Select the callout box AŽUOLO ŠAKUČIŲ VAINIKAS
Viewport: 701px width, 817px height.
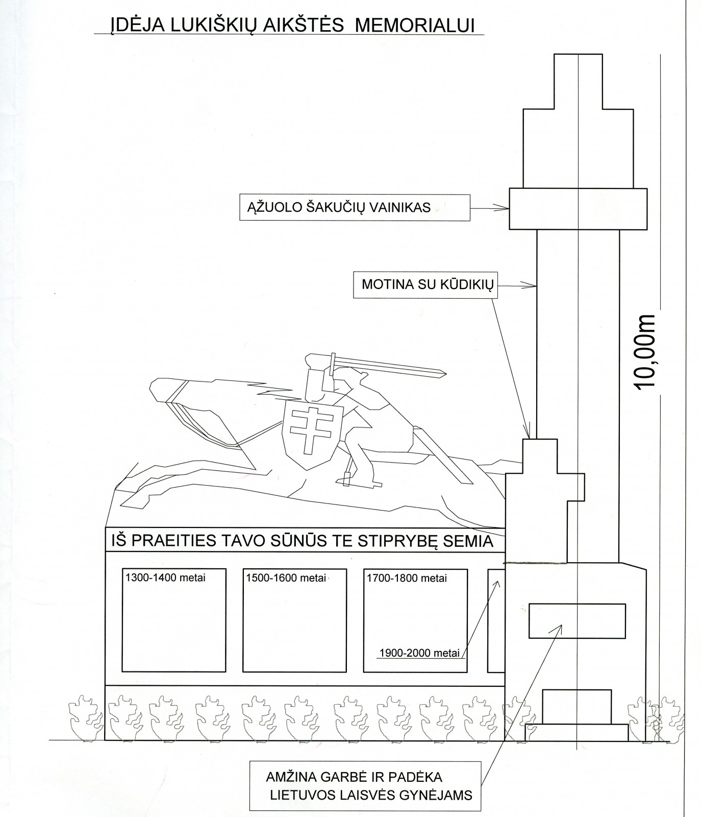(355, 207)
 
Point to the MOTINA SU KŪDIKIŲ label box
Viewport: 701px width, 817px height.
(424, 284)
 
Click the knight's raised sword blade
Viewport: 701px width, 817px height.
(388, 370)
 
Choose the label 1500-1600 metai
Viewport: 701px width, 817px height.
(286, 578)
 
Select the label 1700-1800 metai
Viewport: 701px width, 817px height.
(407, 578)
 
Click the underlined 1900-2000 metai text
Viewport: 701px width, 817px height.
(420, 653)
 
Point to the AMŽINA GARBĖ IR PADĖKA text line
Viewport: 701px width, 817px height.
(354, 777)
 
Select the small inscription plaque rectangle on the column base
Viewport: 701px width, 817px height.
(577, 620)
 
